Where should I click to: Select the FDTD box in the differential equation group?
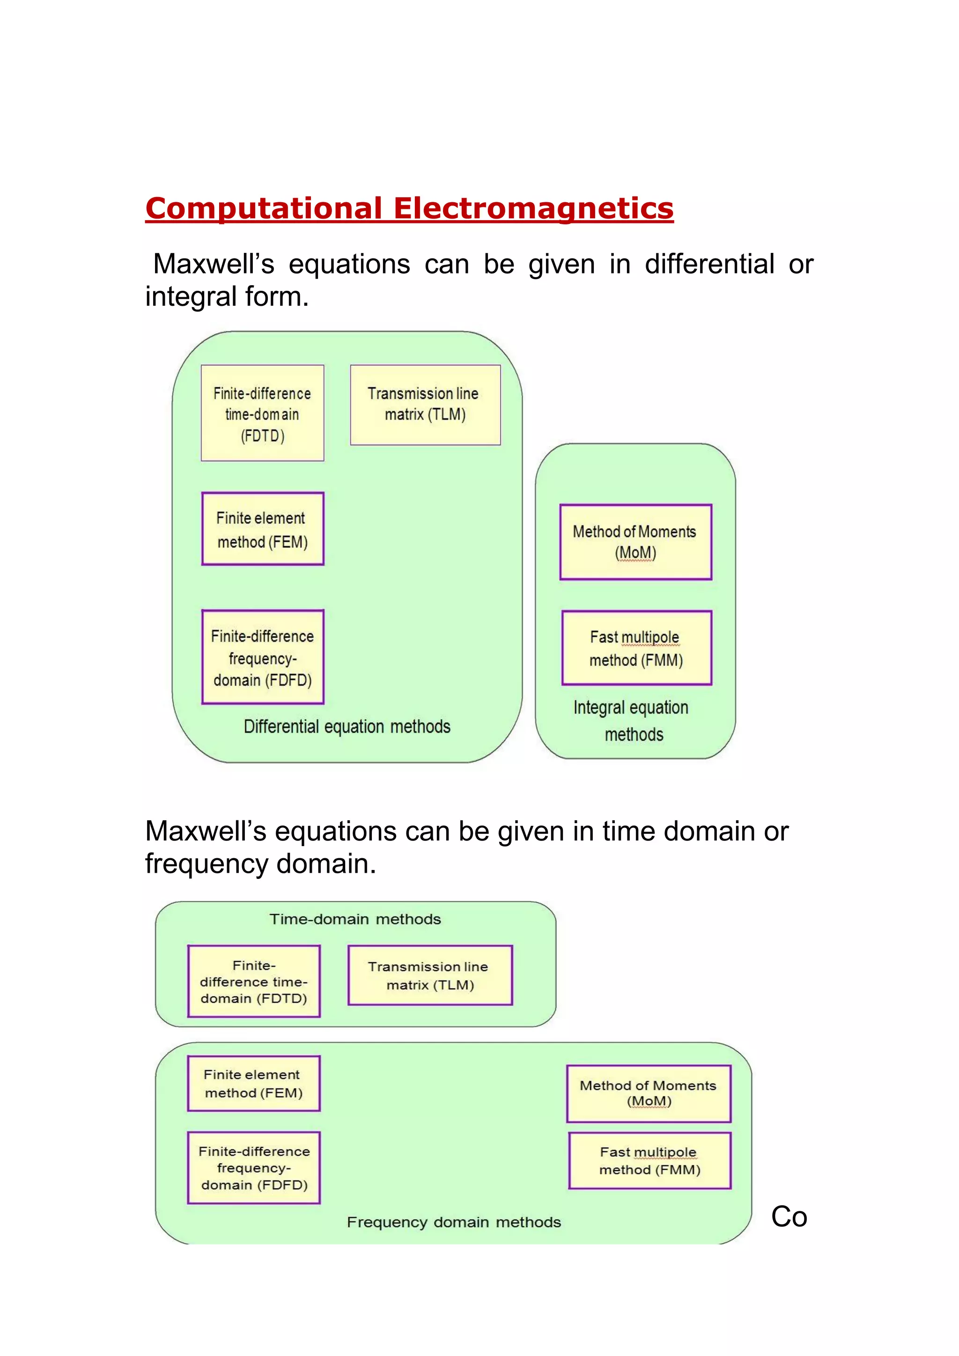coord(262,413)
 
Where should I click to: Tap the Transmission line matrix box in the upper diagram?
coord(425,405)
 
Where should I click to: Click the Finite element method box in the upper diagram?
coord(262,529)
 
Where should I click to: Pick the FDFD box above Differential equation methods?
coord(262,657)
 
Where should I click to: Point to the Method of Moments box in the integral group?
coord(635,542)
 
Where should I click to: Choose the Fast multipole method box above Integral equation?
coord(636,648)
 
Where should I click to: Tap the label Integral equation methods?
coord(632,721)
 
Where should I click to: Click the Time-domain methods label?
coord(355,919)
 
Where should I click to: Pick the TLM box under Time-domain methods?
coord(430,976)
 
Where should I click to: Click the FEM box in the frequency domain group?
coord(253,1084)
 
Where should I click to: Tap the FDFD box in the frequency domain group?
coord(253,1168)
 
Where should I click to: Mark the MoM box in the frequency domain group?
coord(649,1094)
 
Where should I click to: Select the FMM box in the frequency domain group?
coord(649,1161)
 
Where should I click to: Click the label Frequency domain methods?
coord(454,1222)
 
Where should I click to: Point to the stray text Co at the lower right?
coord(789,1217)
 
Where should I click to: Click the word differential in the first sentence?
coord(708,264)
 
